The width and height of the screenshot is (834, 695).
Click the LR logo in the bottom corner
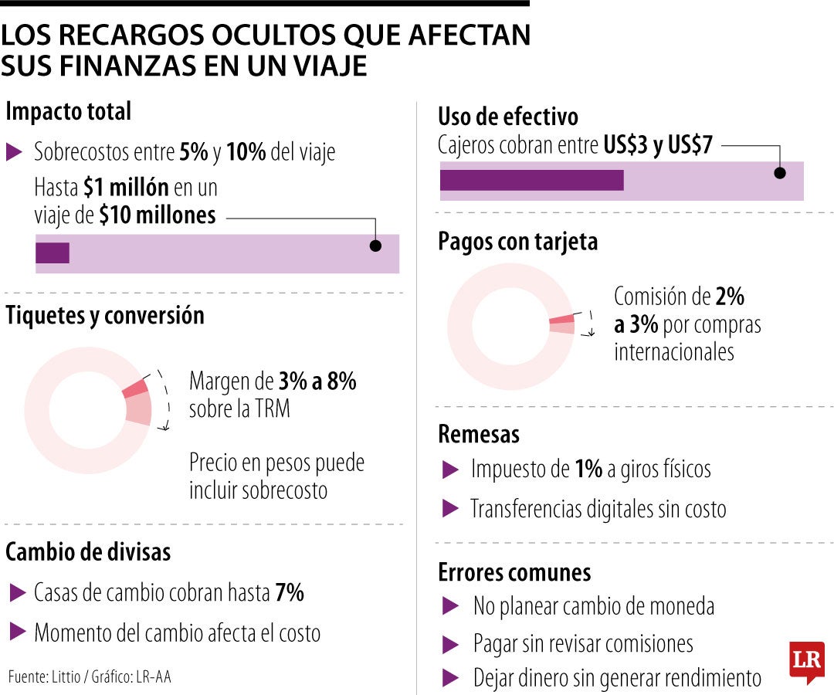pyautogui.click(x=806, y=661)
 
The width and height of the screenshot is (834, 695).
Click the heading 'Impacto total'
pyautogui.click(x=68, y=111)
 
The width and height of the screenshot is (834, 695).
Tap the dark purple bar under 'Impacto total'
pyautogui.click(x=53, y=253)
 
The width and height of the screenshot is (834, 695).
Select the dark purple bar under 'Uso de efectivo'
pyautogui.click(x=531, y=180)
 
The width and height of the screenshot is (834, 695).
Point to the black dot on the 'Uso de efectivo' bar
pyautogui.click(x=780, y=173)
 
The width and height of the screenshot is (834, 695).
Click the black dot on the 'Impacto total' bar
pyautogui.click(x=375, y=246)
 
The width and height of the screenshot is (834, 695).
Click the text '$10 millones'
pyautogui.click(x=158, y=215)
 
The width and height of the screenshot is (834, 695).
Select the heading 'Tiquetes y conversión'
pyautogui.click(x=105, y=316)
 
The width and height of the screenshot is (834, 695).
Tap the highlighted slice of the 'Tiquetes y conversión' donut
pyautogui.click(x=137, y=400)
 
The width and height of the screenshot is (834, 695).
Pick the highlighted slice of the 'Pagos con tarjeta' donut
pyautogui.click(x=562, y=324)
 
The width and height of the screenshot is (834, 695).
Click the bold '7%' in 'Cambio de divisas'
pyautogui.click(x=289, y=593)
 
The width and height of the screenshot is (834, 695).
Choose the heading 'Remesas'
pyautogui.click(x=479, y=434)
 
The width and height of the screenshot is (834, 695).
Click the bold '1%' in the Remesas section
pyautogui.click(x=588, y=469)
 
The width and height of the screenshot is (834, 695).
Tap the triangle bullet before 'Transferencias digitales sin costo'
pyautogui.click(x=449, y=508)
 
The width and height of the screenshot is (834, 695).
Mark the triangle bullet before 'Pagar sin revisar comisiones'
pyautogui.click(x=449, y=643)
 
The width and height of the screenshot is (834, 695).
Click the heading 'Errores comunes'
pyautogui.click(x=514, y=572)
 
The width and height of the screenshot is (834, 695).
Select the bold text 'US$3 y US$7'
pyautogui.click(x=658, y=145)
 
